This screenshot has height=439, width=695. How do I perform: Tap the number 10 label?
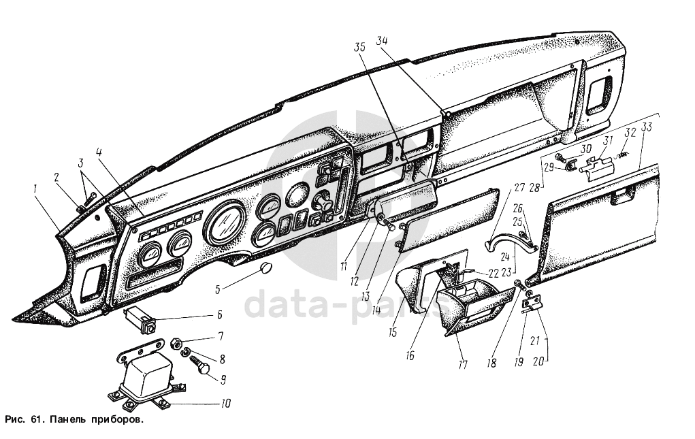[x=226, y=404]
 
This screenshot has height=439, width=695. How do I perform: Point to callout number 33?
[x=647, y=127]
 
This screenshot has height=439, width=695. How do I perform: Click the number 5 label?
[x=217, y=289]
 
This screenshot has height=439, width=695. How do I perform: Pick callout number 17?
[x=463, y=365]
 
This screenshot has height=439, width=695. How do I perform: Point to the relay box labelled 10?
[x=142, y=378]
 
